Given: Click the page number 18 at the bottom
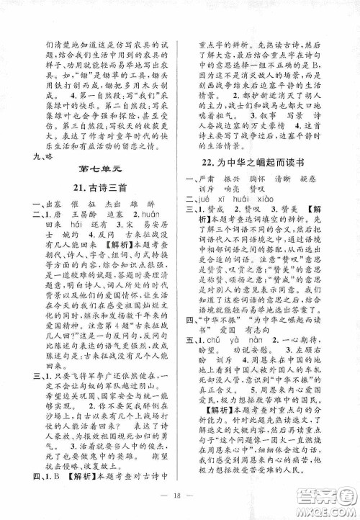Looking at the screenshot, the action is [180, 497].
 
